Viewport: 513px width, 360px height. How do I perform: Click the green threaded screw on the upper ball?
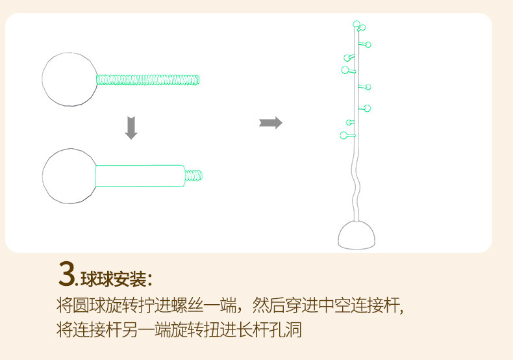(x=148, y=80)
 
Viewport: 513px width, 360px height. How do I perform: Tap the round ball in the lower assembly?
(x=68, y=175)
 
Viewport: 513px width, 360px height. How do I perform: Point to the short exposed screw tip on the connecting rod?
(x=195, y=175)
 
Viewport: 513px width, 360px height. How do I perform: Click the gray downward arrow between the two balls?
(x=131, y=127)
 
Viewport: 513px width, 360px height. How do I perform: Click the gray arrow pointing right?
(x=270, y=123)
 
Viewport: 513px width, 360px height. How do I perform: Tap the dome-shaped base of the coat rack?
(x=357, y=235)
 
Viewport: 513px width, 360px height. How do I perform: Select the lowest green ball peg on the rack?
(x=344, y=135)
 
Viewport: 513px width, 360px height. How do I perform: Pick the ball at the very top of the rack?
(x=356, y=25)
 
